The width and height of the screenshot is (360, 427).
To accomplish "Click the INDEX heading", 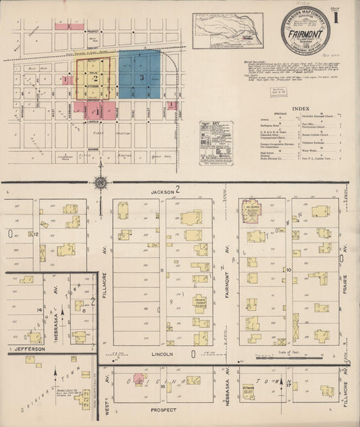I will [x=301, y=108].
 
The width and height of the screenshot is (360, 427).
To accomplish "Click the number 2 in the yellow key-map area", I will [x=96, y=79].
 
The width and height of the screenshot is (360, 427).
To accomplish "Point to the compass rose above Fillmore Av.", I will [x=100, y=182].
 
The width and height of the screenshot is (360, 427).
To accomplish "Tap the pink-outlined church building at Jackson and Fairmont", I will [x=251, y=209].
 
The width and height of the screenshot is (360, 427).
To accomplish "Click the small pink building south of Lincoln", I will [x=139, y=379].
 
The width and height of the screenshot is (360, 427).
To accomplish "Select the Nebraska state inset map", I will [x=227, y=30].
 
